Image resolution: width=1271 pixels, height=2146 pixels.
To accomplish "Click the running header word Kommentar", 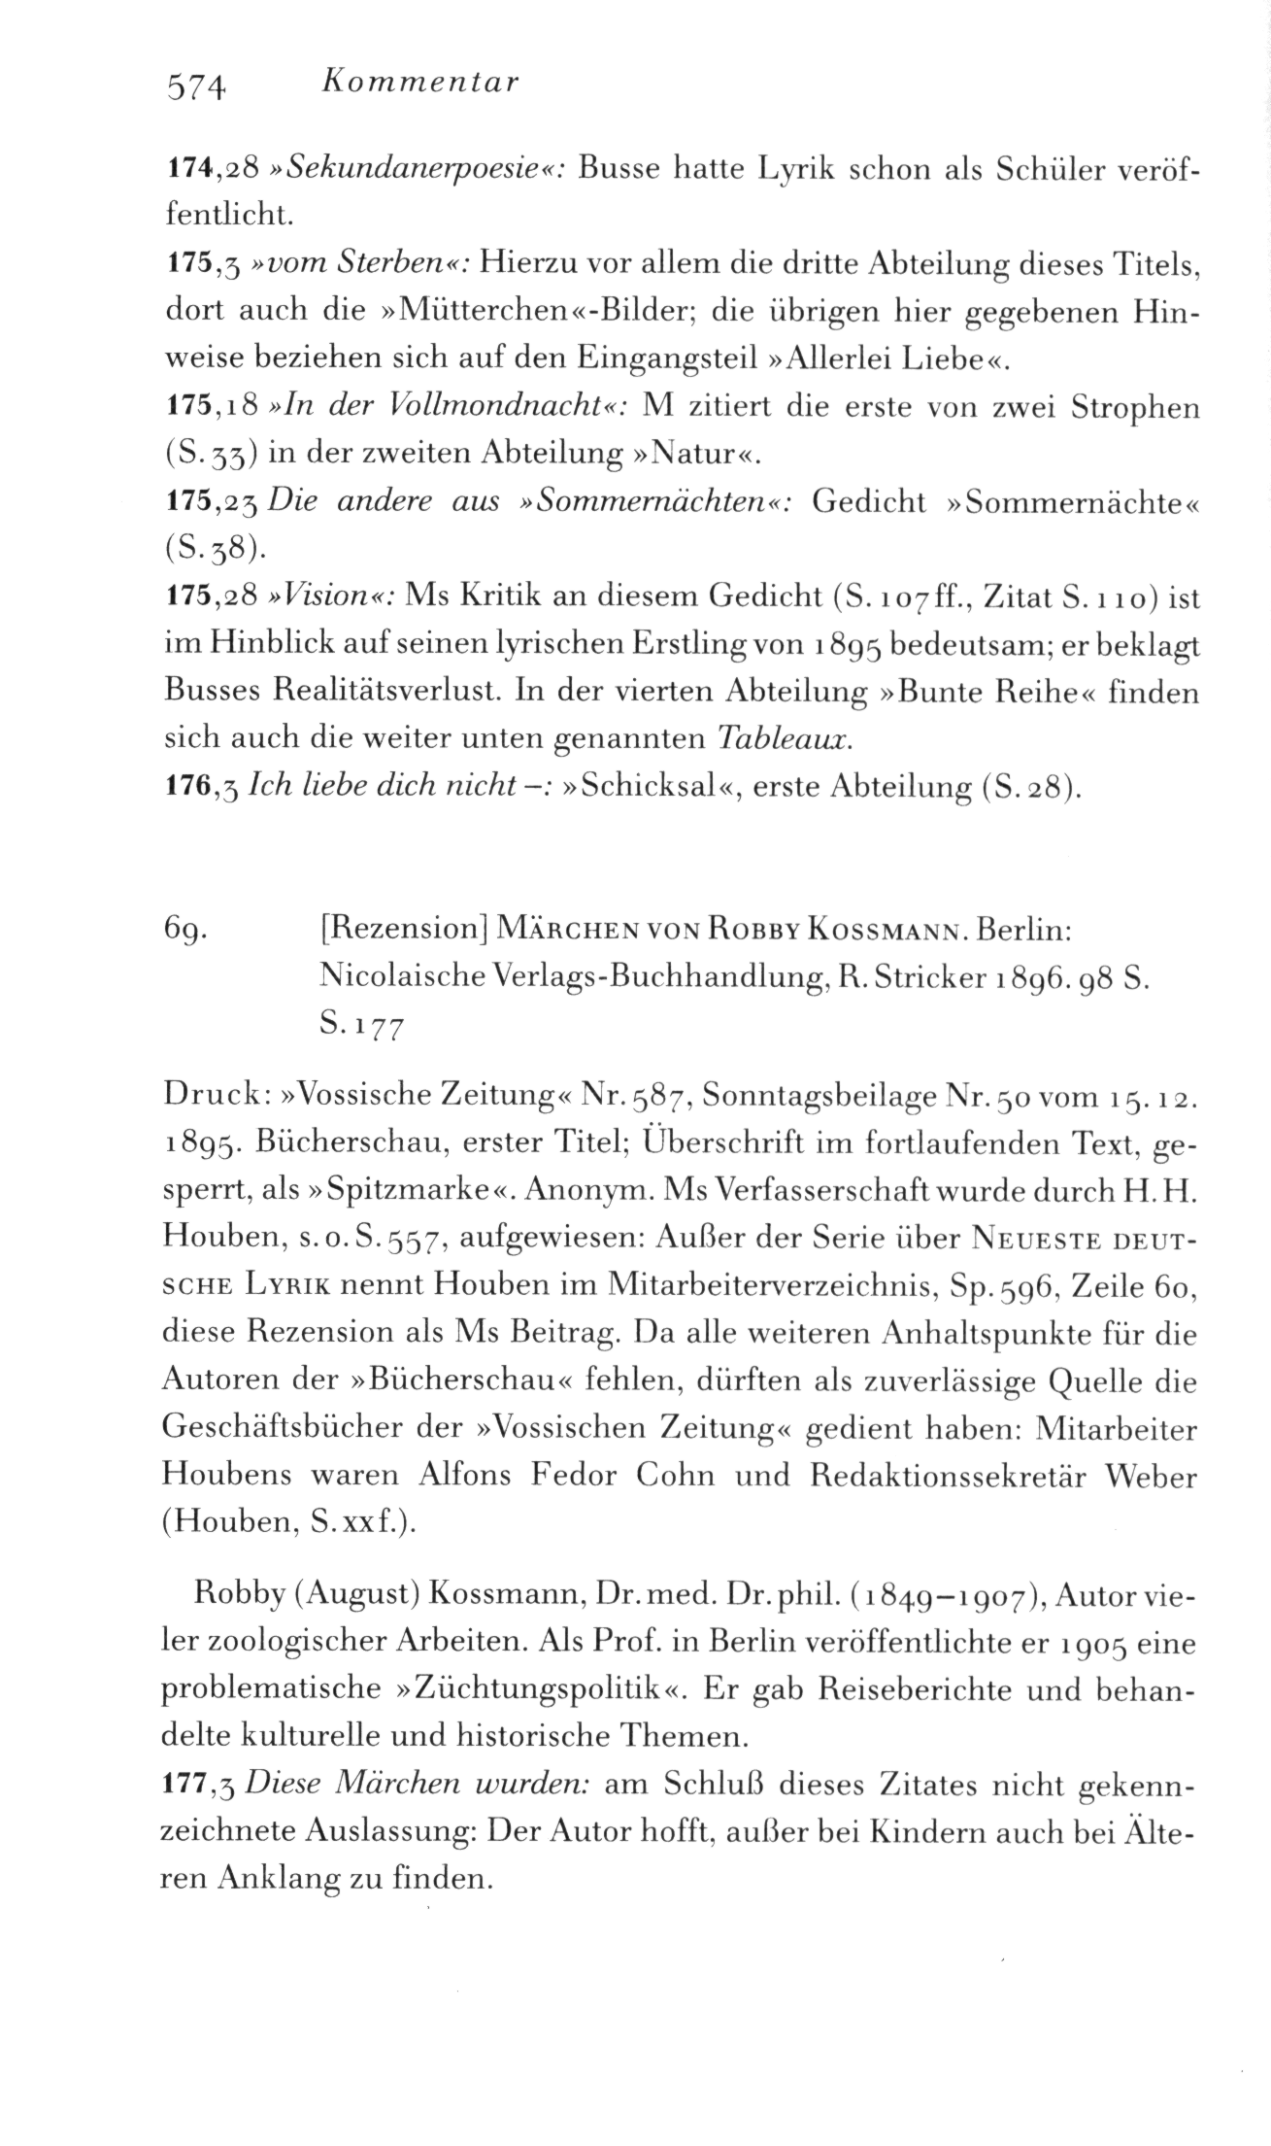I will click(x=419, y=83).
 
